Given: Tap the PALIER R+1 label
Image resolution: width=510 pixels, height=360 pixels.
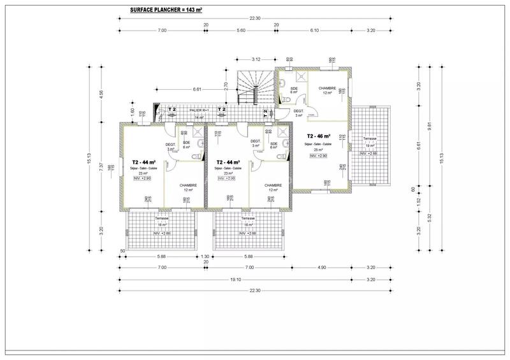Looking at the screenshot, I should pos(199,111).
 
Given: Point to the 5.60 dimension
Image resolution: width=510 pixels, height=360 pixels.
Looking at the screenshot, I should pos(241,31).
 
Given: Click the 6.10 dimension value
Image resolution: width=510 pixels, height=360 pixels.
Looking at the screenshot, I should pos(314,31).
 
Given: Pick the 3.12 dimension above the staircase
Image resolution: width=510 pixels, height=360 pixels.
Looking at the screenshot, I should pos(256,59).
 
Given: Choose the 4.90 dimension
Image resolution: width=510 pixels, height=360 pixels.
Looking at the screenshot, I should pos(321,268).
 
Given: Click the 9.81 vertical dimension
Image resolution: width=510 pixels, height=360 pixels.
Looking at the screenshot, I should pos(430,126).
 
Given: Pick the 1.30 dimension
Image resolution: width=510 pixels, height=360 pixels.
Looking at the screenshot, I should pos(206,257).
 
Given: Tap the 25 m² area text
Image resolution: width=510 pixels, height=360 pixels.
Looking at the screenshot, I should pos(319,150).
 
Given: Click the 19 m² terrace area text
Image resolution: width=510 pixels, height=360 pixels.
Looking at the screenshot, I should pos(370,146).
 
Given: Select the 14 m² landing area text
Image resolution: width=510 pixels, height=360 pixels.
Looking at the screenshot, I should pos(199,117).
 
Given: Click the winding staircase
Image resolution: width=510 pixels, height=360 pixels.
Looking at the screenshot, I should pos(255,87).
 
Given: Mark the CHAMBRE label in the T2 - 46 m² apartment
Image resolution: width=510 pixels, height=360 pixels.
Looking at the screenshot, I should pos(328,89).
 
